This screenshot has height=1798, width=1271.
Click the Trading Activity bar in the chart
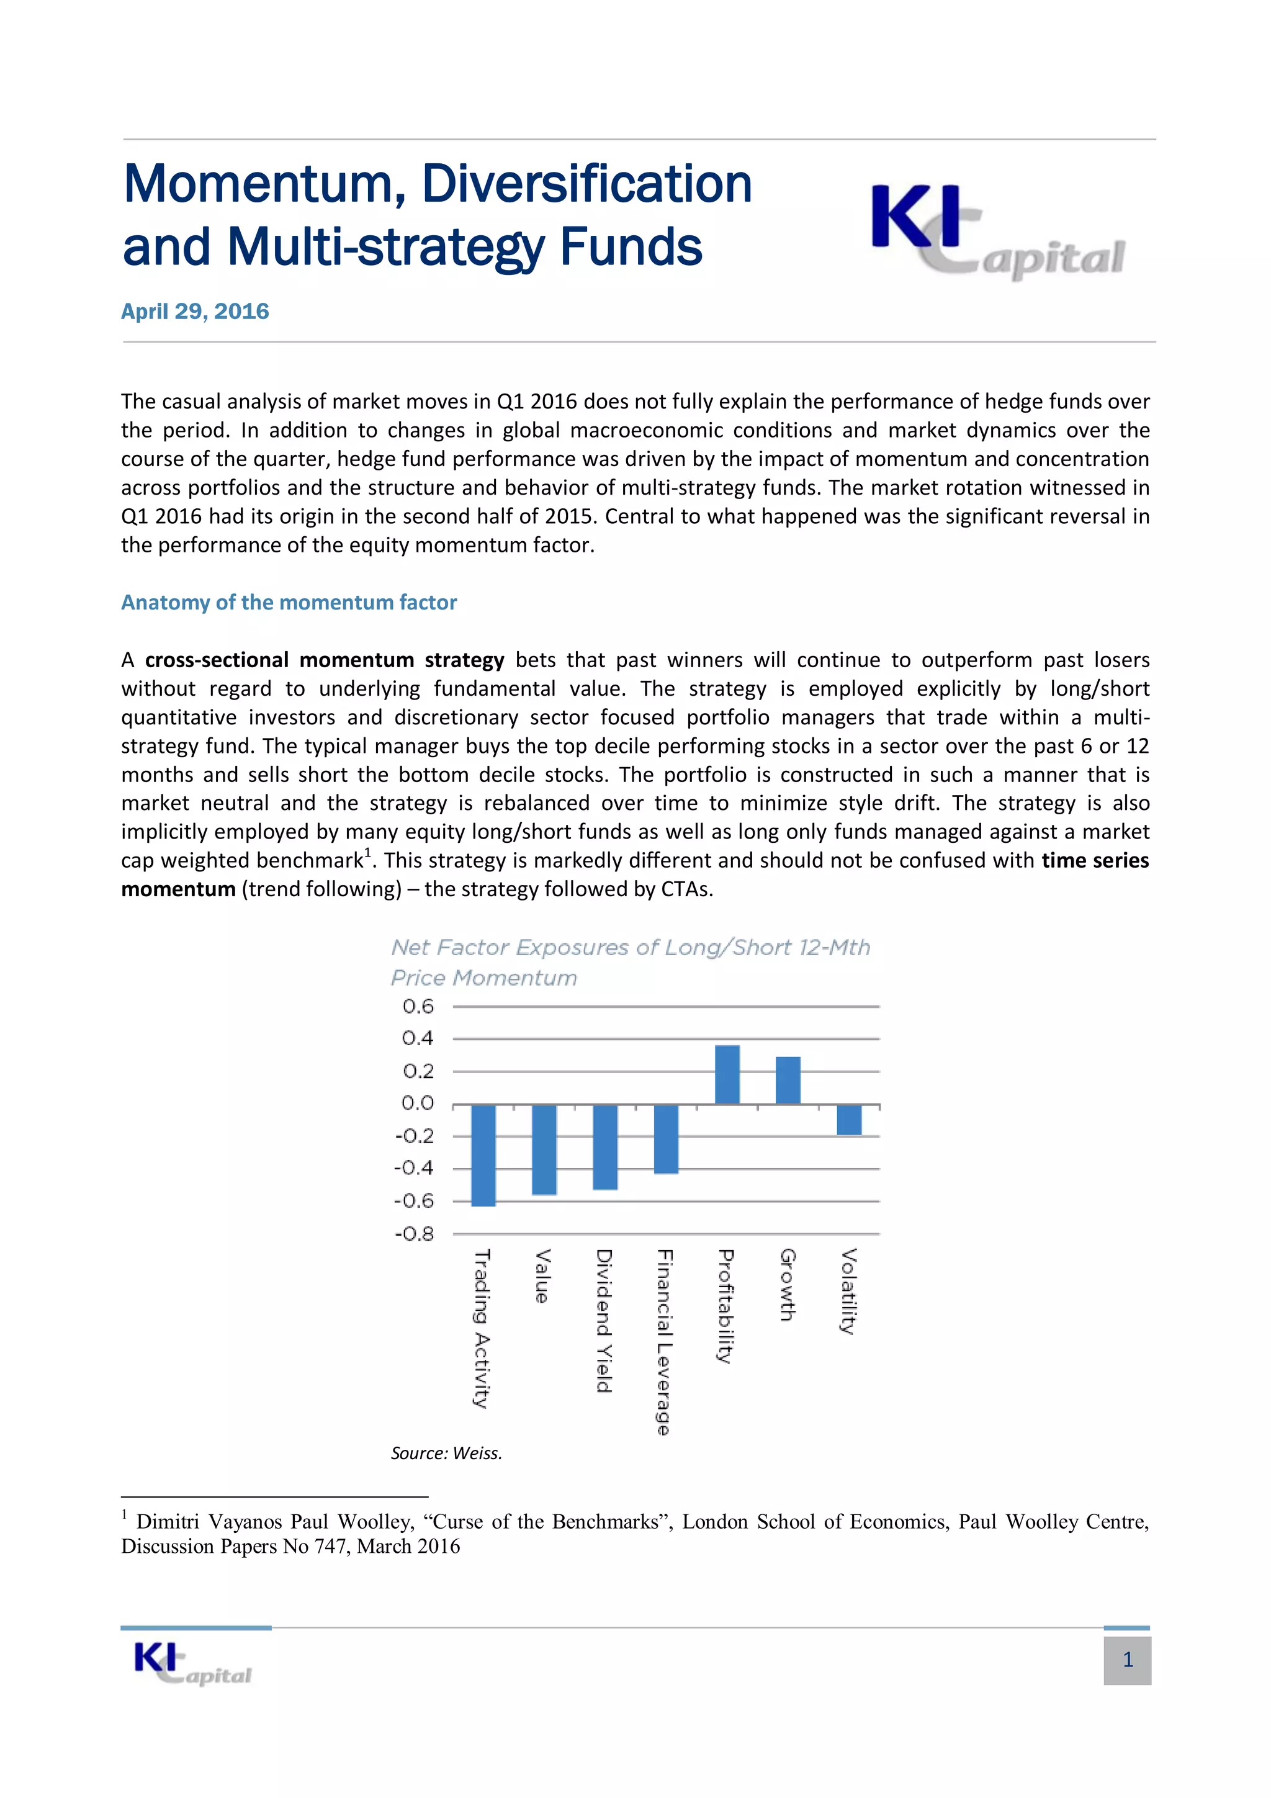tap(483, 1154)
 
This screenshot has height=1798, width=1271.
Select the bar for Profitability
tap(727, 1074)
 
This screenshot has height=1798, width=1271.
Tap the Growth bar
tap(788, 1080)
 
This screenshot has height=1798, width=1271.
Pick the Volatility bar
tap(849, 1119)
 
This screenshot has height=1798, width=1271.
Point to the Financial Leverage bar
tap(666, 1139)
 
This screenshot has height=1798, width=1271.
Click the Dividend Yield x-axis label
tap(604, 1321)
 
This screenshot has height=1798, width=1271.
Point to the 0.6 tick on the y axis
tap(418, 1006)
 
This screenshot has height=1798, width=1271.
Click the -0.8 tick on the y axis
tap(415, 1235)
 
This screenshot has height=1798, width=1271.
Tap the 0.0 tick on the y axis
tap(418, 1104)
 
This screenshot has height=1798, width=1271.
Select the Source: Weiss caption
tap(446, 1454)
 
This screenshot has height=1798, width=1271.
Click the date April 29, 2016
tap(195, 312)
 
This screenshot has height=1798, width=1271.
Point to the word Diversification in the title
tap(586, 184)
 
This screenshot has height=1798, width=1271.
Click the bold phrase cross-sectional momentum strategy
tap(324, 660)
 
